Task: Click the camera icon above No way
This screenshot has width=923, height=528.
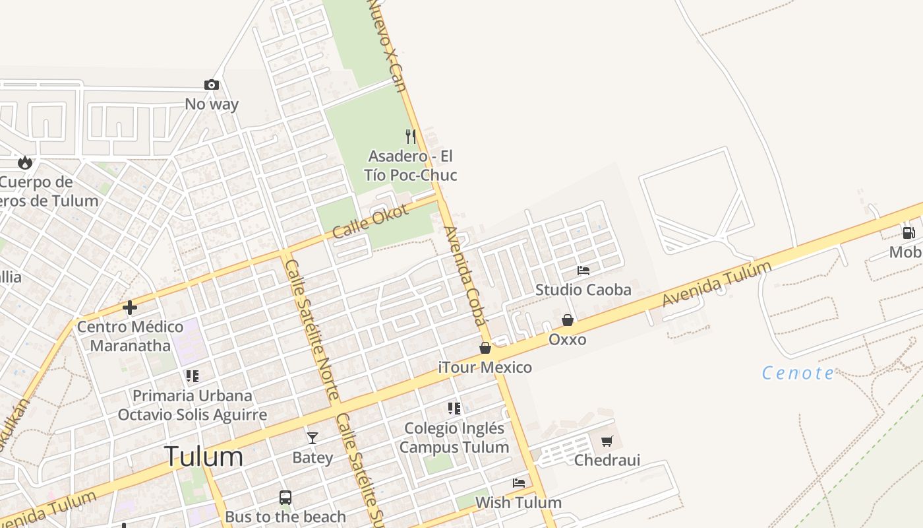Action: tap(211, 84)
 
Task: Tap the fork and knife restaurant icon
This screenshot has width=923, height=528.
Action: tap(411, 137)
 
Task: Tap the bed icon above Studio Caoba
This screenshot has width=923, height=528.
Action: tap(583, 271)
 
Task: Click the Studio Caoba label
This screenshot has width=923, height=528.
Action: tap(583, 290)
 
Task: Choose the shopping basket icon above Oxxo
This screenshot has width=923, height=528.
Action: tap(567, 320)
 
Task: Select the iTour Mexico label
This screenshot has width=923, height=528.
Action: tap(485, 368)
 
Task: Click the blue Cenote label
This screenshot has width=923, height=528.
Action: tap(798, 374)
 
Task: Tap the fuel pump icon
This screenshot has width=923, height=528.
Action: tap(908, 232)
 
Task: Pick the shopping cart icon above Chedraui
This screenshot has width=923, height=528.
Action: tap(607, 441)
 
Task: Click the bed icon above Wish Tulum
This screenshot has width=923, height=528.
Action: tap(519, 483)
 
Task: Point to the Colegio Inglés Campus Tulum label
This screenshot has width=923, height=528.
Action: tap(454, 438)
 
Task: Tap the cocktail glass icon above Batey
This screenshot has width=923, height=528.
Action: tap(312, 438)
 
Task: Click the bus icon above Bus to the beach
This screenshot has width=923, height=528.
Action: tap(285, 498)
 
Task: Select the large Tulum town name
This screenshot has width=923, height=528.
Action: tap(203, 456)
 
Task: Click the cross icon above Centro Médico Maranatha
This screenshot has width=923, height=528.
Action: tap(130, 307)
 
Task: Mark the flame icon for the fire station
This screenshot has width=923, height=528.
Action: tap(25, 162)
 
